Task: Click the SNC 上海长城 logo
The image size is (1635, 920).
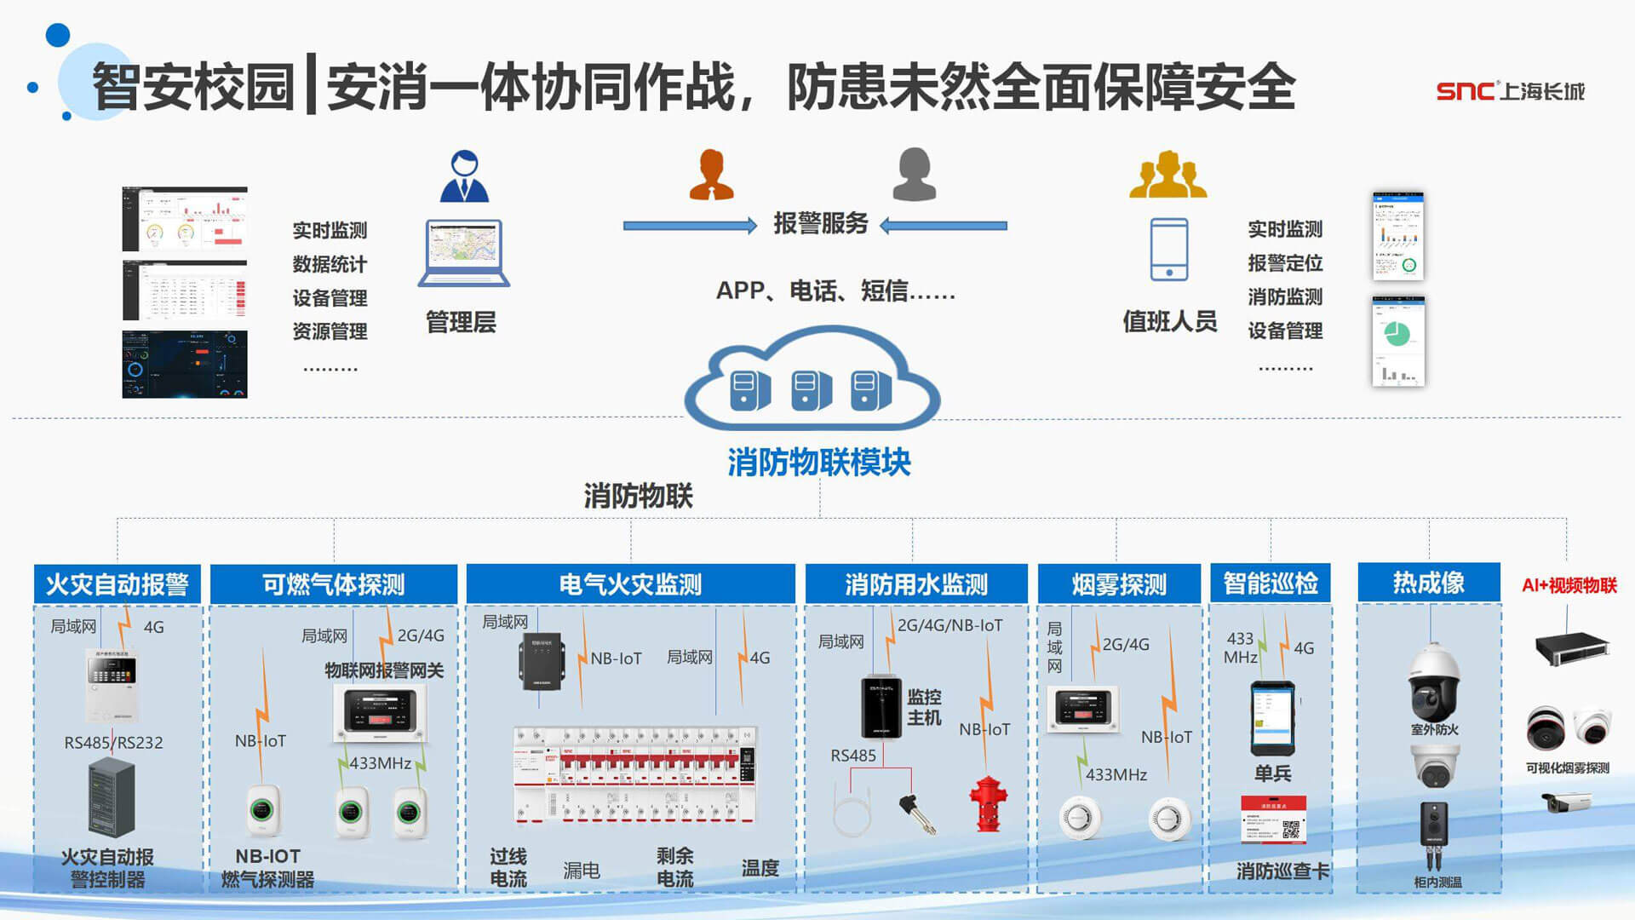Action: click(1509, 91)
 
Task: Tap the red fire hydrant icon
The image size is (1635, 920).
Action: click(988, 803)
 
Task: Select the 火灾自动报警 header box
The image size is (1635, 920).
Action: click(118, 584)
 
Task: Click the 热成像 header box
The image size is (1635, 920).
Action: click(1428, 583)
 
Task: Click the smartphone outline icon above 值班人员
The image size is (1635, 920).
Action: click(1168, 249)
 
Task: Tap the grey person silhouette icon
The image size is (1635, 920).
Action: click(914, 175)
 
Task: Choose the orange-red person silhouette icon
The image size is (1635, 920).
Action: click(711, 175)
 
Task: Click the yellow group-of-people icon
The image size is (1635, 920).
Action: click(1167, 175)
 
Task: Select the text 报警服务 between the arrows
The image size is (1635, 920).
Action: click(820, 224)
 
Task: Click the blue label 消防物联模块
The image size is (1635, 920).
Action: click(818, 463)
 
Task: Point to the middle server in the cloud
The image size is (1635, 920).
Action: click(812, 391)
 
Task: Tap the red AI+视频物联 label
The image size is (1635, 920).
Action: click(1569, 585)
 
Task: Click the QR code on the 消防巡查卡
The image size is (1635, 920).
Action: click(1290, 829)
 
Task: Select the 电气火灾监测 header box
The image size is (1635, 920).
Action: click(630, 584)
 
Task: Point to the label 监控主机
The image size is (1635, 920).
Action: click(924, 707)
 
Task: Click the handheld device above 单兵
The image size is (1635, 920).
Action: click(1272, 719)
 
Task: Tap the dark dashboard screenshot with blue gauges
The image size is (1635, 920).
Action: click(185, 365)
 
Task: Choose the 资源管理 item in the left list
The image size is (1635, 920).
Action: click(330, 331)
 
